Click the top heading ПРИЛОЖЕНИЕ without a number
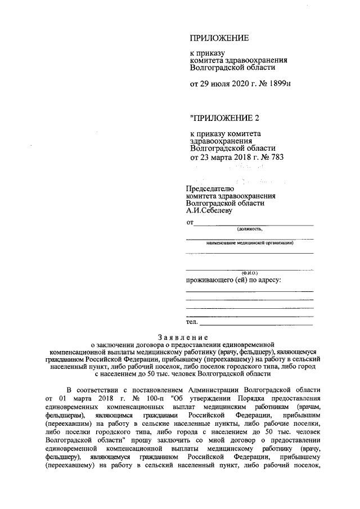(x=219, y=39)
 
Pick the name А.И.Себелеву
(x=209, y=211)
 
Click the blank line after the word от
(x=253, y=224)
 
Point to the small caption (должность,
(x=249, y=229)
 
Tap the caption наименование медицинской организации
(x=249, y=244)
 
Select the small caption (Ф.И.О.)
(x=249, y=273)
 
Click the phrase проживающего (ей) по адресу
(x=233, y=280)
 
